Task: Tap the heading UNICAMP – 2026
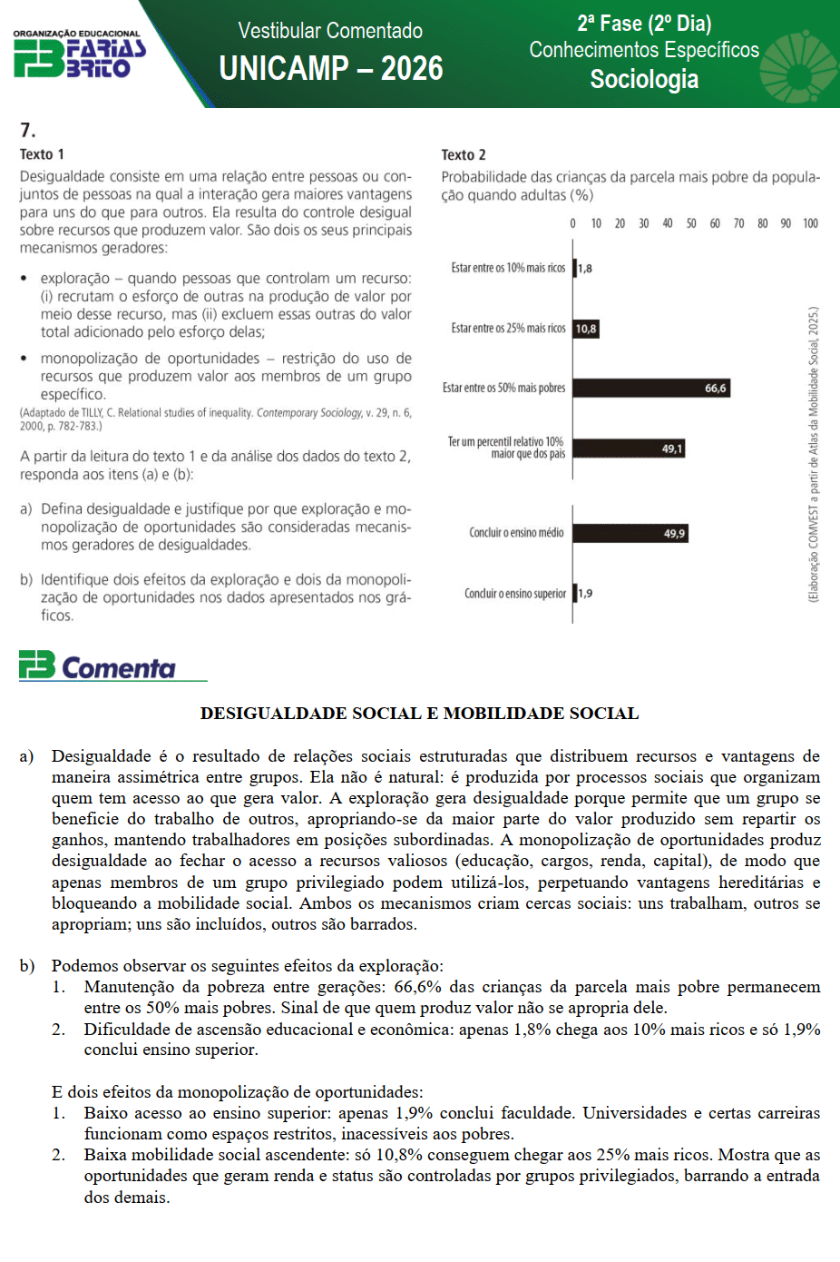tap(331, 69)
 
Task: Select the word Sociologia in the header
tap(644, 80)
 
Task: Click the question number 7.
tap(27, 131)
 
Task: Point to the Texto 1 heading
tap(42, 154)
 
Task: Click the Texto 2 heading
tap(464, 155)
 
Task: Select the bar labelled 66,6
tap(650, 389)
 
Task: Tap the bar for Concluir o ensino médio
tap(630, 534)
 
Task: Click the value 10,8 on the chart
tap(586, 329)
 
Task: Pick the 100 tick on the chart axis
tap(810, 223)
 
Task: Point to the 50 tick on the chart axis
tap(691, 223)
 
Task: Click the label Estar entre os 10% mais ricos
tap(508, 268)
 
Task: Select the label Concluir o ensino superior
tap(515, 594)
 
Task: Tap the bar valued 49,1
tap(629, 449)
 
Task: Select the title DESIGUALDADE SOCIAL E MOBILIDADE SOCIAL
tap(419, 714)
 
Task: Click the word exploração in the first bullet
tap(75, 279)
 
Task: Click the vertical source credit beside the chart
tap(814, 454)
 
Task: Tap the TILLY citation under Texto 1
tap(216, 419)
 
